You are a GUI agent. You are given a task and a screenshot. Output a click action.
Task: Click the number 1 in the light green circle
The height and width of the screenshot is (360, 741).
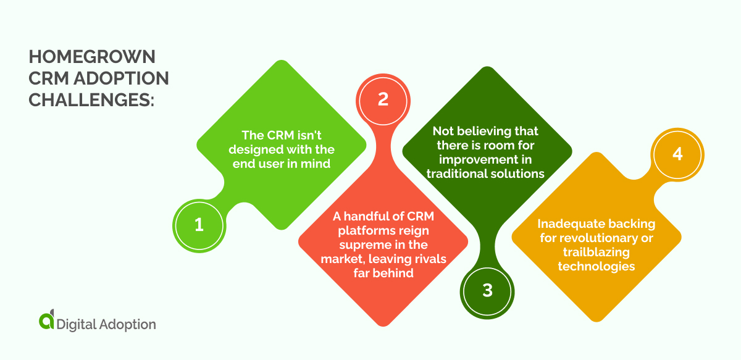pos(199,225)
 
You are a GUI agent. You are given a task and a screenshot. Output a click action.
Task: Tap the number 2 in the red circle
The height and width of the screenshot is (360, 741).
pos(383,99)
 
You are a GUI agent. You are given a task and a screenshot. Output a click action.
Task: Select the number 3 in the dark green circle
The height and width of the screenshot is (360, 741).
pos(487,290)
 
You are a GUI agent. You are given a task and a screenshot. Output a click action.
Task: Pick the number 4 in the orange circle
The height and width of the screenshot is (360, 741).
pos(677,153)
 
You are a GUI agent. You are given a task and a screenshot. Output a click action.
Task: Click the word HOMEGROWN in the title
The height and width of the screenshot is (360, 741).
pos(92,57)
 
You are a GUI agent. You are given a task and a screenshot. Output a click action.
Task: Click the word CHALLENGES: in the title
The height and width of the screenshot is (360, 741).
pos(91,99)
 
